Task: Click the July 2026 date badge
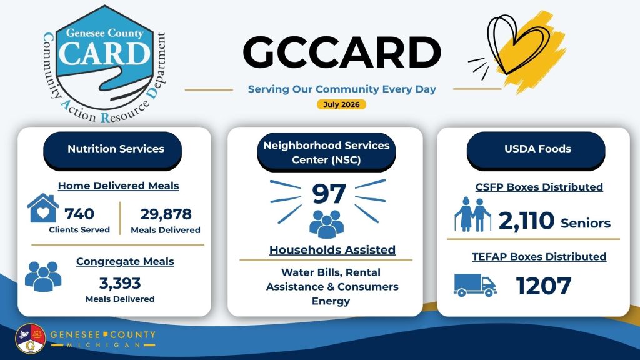coord(341,104)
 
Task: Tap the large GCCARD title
coord(342,52)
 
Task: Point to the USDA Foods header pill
coord(536,150)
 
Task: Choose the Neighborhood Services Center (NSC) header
coord(326,152)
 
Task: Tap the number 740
coord(79,214)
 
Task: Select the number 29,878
coord(166,214)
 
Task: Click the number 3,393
coord(120,283)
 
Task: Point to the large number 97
coord(329,194)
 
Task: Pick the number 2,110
coord(526,221)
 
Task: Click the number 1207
coord(544,286)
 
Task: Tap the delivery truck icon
coord(475,285)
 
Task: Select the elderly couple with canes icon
coord(472,214)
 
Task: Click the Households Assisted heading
coord(332,250)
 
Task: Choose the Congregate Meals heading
coord(125,261)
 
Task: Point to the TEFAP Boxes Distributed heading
coord(539,257)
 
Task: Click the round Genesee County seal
coord(30,338)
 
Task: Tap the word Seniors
coord(586,223)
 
